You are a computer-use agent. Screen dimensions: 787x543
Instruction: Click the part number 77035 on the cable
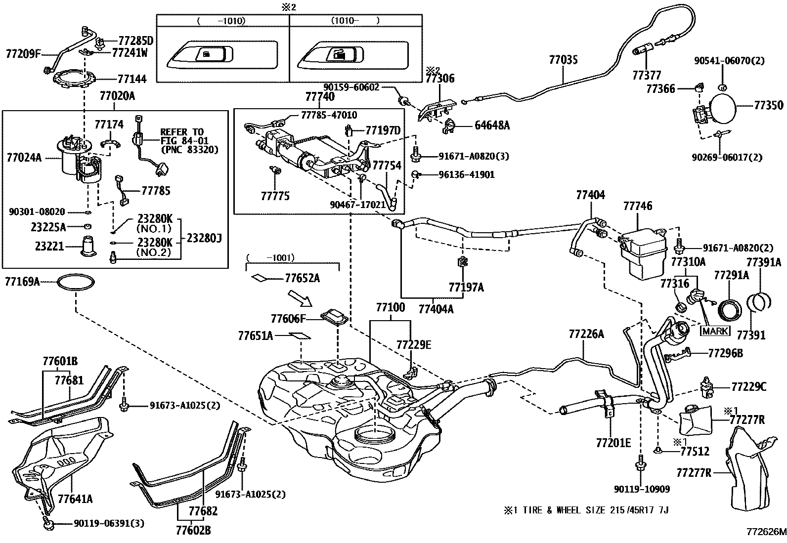(563, 60)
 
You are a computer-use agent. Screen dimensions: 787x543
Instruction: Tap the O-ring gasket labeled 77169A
(76, 283)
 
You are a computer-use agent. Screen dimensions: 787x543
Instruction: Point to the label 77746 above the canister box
(638, 206)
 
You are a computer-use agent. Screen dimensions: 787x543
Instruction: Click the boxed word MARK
(715, 331)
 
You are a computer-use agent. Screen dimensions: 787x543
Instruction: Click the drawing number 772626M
(766, 532)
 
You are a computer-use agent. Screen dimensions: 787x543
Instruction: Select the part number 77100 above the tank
(391, 307)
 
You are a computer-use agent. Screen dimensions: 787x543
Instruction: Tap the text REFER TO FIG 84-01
(184, 136)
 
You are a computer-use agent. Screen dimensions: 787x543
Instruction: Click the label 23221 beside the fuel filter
(49, 246)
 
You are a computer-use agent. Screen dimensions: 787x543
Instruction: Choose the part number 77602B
(193, 530)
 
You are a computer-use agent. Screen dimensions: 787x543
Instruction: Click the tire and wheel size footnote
(586, 510)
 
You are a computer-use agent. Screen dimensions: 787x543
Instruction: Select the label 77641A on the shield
(75, 499)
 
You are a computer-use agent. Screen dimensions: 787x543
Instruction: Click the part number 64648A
(492, 125)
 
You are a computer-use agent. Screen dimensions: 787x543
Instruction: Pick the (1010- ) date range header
(355, 21)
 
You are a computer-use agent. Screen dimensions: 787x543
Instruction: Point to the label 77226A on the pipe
(586, 334)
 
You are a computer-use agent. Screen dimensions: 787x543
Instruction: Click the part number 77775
(275, 196)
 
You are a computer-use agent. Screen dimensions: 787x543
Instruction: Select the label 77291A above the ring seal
(731, 275)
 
